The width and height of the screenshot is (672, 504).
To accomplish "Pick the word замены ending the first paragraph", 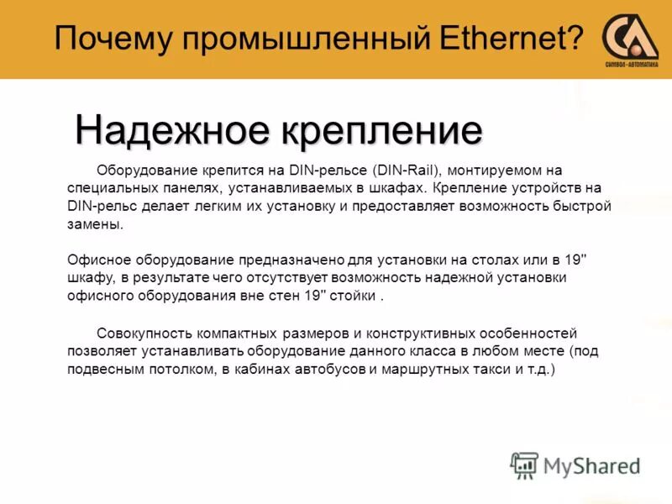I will (x=94, y=224).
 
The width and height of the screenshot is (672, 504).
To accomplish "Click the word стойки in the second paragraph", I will (x=354, y=297).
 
